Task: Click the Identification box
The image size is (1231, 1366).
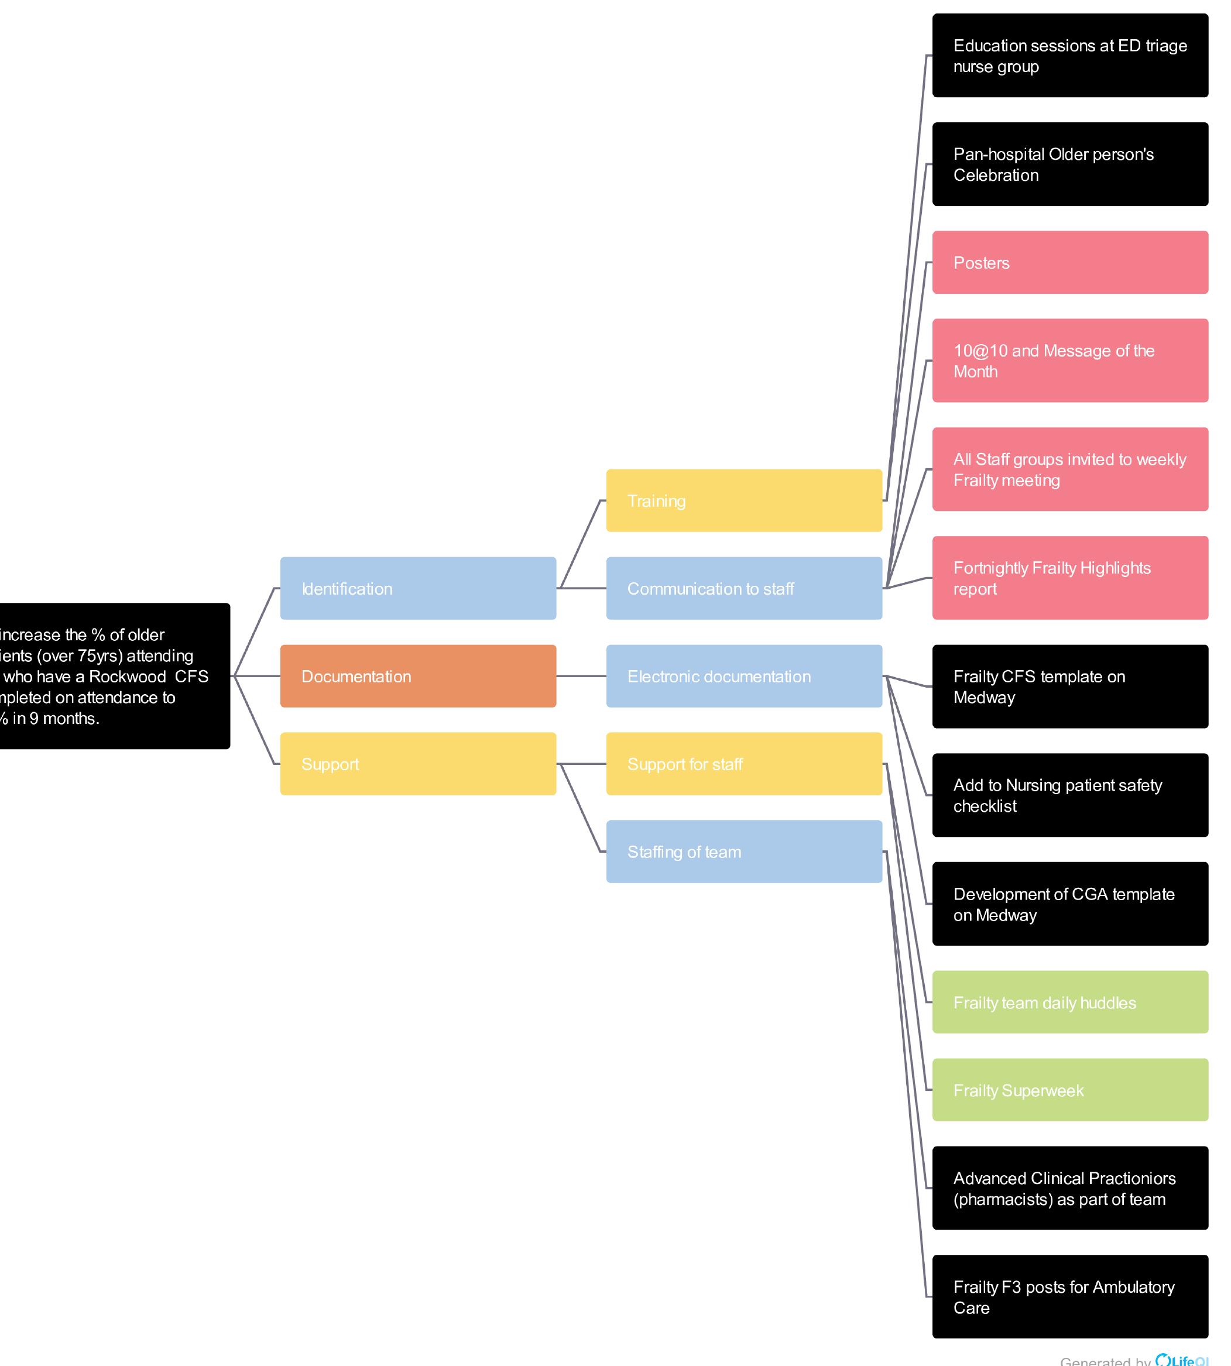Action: (x=418, y=588)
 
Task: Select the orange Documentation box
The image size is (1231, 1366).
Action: (x=418, y=676)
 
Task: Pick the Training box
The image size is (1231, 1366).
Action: (x=744, y=500)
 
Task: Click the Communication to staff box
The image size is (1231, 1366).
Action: (x=744, y=588)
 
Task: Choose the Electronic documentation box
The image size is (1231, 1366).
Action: (x=744, y=676)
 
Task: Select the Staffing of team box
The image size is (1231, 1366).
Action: (x=744, y=852)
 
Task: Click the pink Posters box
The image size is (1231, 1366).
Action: (x=1070, y=262)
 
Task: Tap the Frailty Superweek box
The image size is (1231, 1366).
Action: (x=1070, y=1090)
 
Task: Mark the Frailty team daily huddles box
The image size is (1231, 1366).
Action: (x=1070, y=1002)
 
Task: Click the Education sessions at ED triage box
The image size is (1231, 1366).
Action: (x=1070, y=56)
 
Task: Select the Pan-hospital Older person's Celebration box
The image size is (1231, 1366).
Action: (x=1070, y=164)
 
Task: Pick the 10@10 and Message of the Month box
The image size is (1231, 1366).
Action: (x=1070, y=361)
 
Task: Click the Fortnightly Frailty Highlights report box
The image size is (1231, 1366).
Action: (x=1070, y=578)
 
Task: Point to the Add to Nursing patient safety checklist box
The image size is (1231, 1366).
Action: (x=1070, y=795)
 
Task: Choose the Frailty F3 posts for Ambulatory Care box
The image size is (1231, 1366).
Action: (x=1070, y=1297)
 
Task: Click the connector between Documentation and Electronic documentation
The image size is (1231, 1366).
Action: (x=581, y=676)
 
